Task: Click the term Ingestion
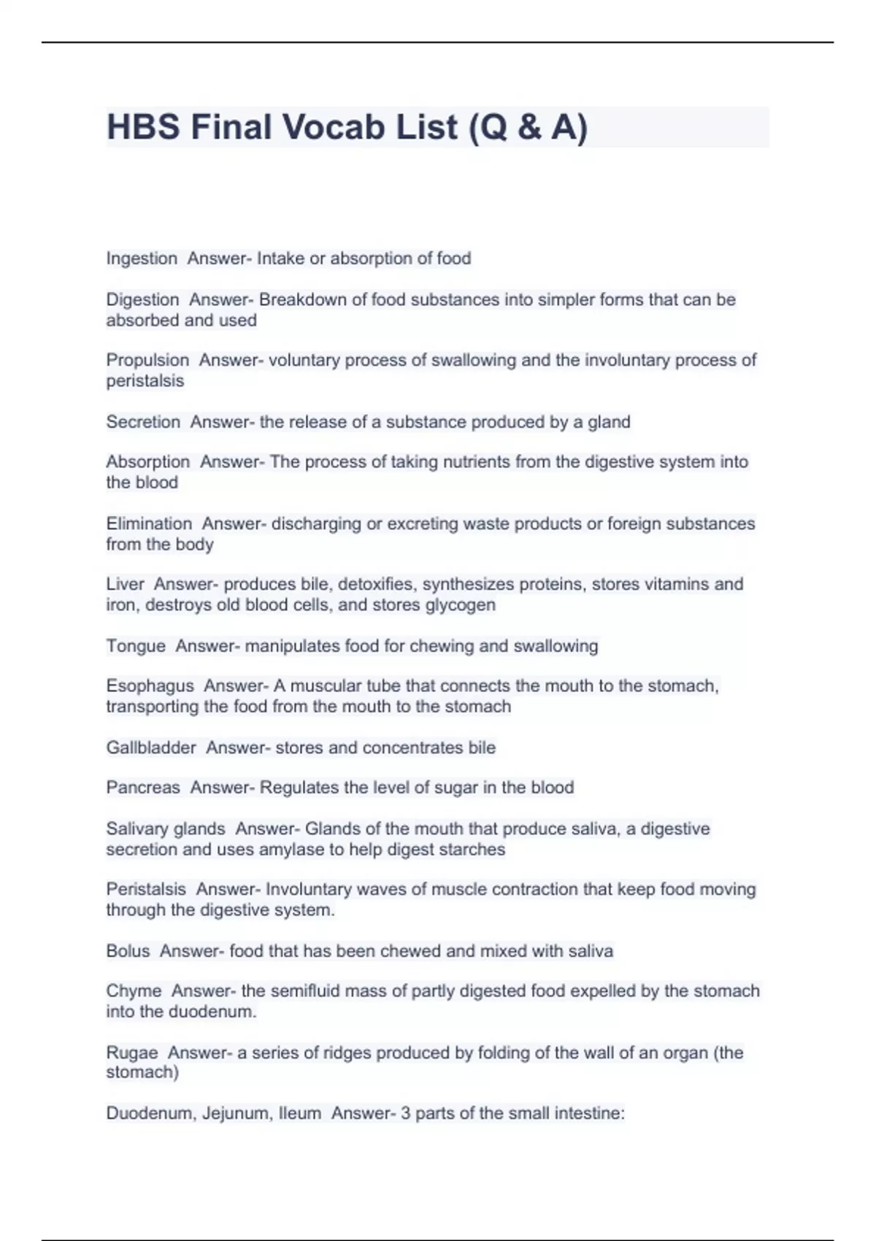[x=142, y=258]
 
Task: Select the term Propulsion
[x=147, y=360]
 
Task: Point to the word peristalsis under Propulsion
[x=145, y=380]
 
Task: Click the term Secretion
[x=143, y=422]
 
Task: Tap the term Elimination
[x=149, y=523]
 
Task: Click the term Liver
[x=125, y=584]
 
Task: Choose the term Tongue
[x=136, y=646]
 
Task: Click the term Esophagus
[x=150, y=686]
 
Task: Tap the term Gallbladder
[x=151, y=748]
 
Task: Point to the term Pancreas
[x=143, y=788]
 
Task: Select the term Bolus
[x=128, y=951]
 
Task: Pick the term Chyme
[x=134, y=991]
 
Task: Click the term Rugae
[x=132, y=1053]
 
